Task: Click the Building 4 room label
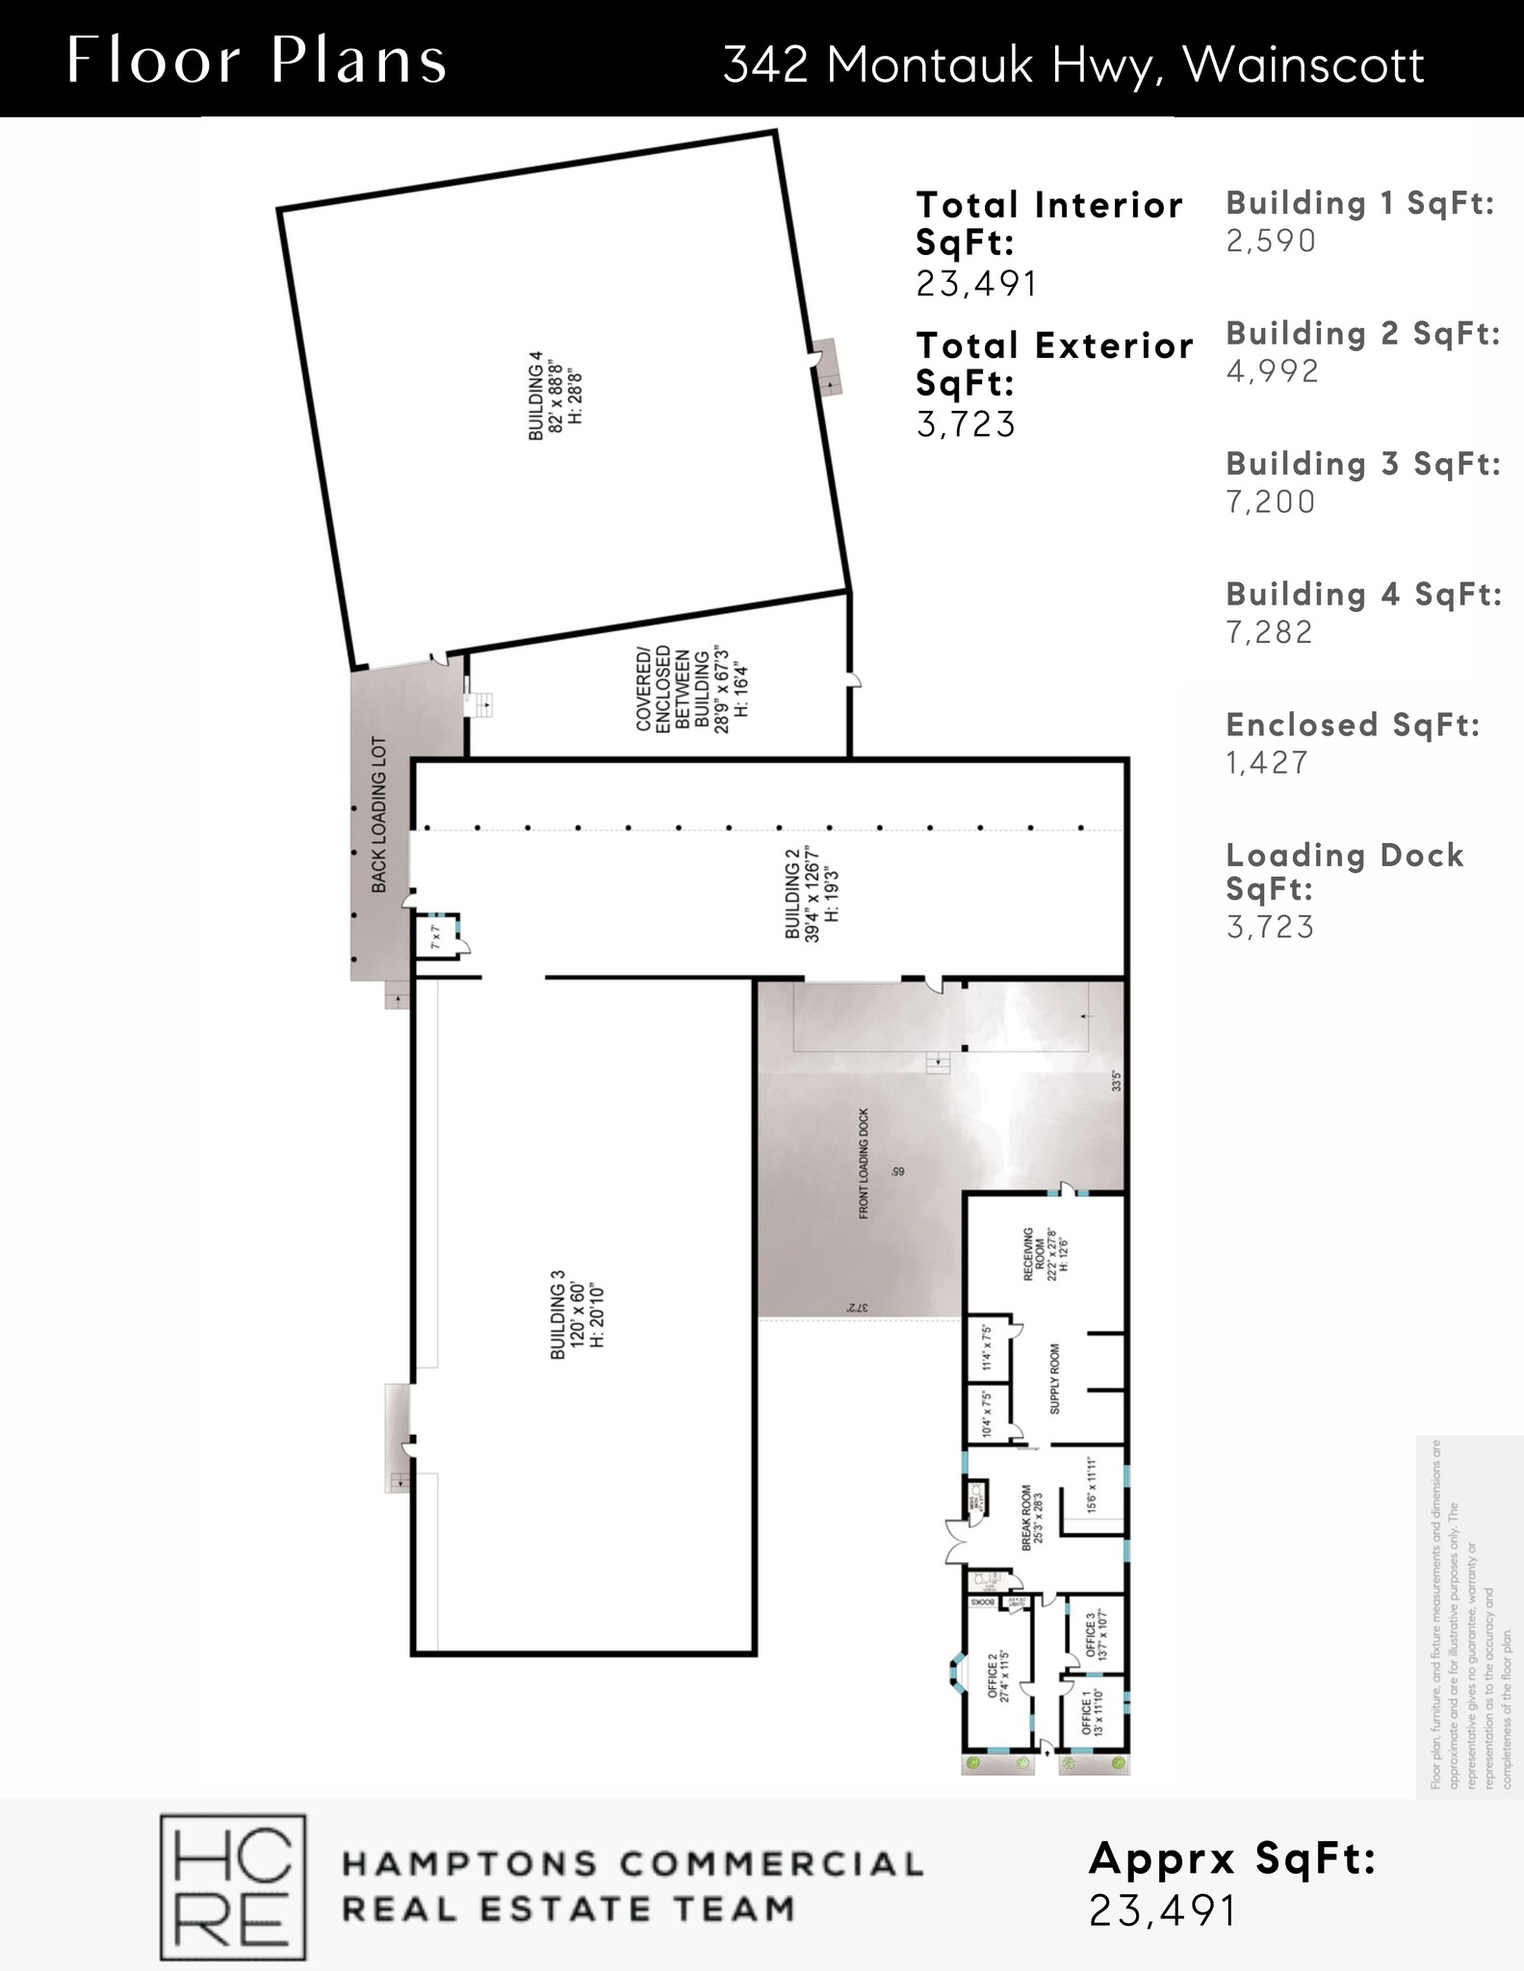(x=555, y=396)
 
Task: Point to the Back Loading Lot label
(x=379, y=814)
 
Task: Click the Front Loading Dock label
(x=864, y=1163)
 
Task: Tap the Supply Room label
(x=1054, y=1378)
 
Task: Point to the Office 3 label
(x=1097, y=1636)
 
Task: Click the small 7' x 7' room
(x=435, y=937)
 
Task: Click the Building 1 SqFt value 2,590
(x=1270, y=241)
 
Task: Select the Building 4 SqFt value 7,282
(x=1269, y=632)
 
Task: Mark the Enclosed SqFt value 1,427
(x=1267, y=762)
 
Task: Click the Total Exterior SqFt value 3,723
(x=966, y=423)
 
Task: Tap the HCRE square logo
(x=232, y=1886)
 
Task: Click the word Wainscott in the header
(x=1303, y=65)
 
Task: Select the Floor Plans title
(x=257, y=60)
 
